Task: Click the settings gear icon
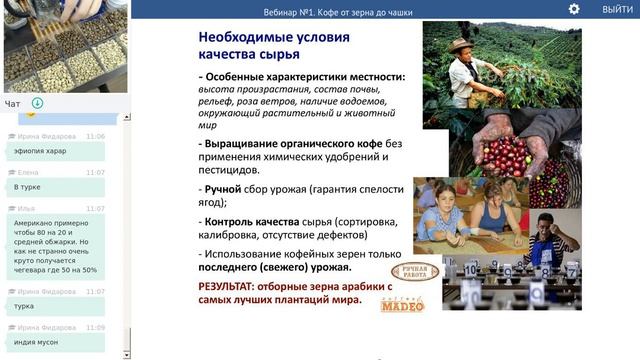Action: pyautogui.click(x=574, y=9)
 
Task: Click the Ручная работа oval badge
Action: pyautogui.click(x=413, y=272)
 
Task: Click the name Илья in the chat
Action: pyautogui.click(x=27, y=207)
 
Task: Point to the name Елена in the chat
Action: pyautogui.click(x=29, y=171)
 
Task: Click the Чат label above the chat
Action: pyautogui.click(x=12, y=103)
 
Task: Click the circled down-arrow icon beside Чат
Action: pyautogui.click(x=37, y=103)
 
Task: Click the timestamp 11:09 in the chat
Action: pyautogui.click(x=96, y=326)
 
